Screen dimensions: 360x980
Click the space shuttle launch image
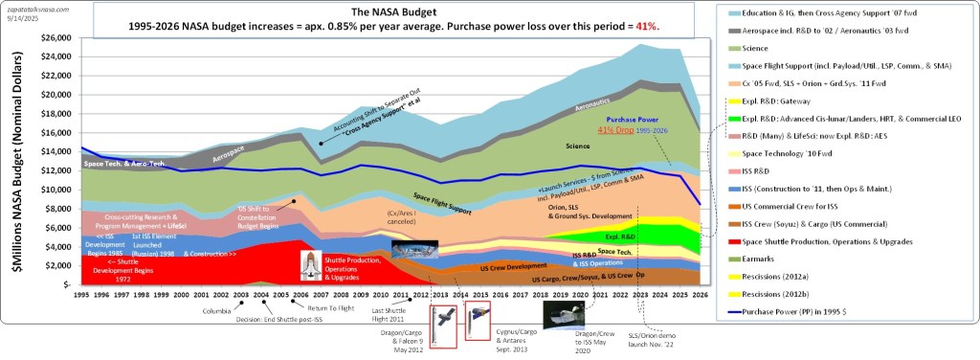(x=315, y=266)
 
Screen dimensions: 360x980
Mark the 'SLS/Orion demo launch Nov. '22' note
(x=653, y=339)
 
